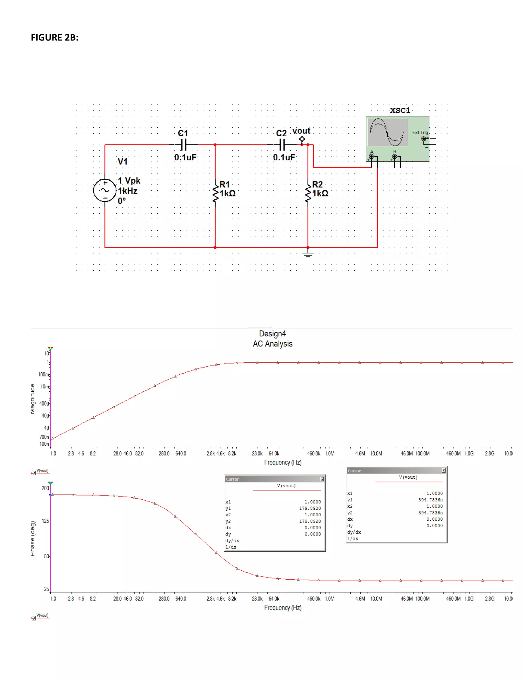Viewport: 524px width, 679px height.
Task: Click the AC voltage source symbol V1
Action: [105, 190]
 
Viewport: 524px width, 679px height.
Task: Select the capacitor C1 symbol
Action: [184, 145]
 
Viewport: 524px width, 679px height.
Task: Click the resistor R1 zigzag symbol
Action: [215, 193]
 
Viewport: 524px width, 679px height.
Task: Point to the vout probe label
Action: [301, 131]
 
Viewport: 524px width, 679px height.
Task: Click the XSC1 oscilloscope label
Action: [400, 110]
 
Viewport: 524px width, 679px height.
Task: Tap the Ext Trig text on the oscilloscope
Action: [420, 132]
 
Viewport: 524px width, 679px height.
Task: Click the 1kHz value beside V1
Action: [128, 191]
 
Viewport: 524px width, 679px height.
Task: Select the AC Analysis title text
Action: [272, 344]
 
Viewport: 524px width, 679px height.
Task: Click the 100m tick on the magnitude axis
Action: [43, 375]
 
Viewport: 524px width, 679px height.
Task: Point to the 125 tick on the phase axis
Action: [45, 521]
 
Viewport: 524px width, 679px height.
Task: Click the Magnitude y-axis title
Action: [32, 399]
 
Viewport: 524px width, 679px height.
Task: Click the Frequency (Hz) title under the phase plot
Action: [282, 608]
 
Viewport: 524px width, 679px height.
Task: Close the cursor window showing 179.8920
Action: [322, 479]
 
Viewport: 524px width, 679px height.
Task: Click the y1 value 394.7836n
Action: [430, 500]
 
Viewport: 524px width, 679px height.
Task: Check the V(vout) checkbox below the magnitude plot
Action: [34, 473]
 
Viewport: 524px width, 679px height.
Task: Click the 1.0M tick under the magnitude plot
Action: [329, 454]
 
